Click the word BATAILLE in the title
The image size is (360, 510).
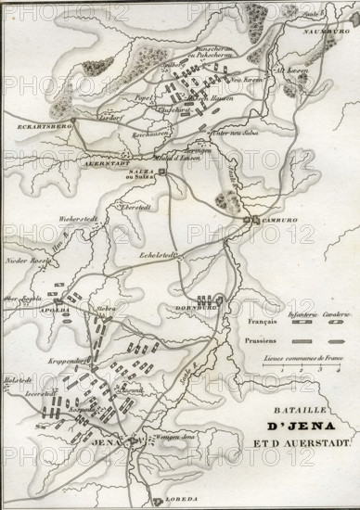click(x=302, y=408)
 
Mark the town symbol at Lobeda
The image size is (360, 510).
click(x=158, y=501)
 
